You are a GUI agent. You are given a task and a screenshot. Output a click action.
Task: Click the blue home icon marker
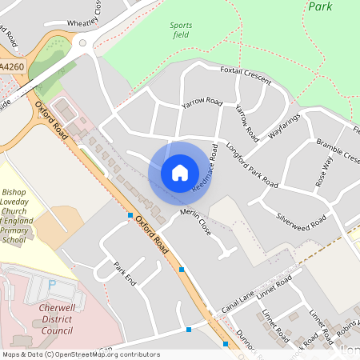[180, 172]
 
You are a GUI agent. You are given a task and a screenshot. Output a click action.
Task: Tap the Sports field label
[181, 30]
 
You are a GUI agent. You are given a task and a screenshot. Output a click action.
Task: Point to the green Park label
[319, 6]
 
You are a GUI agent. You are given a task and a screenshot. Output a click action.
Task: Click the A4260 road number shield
[11, 68]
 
